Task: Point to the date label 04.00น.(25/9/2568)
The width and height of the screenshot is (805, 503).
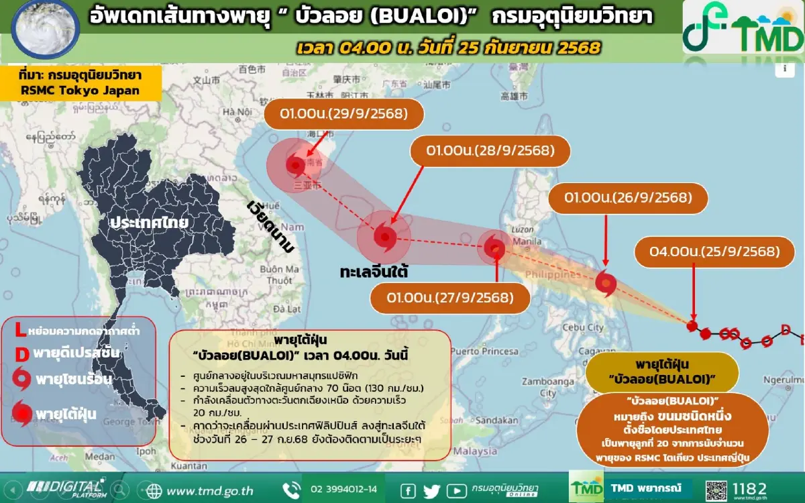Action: pyautogui.click(x=714, y=252)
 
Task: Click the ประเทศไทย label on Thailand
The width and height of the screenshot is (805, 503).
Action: pyautogui.click(x=150, y=222)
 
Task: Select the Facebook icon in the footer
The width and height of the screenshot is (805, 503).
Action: pyautogui.click(x=407, y=490)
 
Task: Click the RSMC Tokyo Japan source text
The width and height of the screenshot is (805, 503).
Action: pyautogui.click(x=80, y=91)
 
